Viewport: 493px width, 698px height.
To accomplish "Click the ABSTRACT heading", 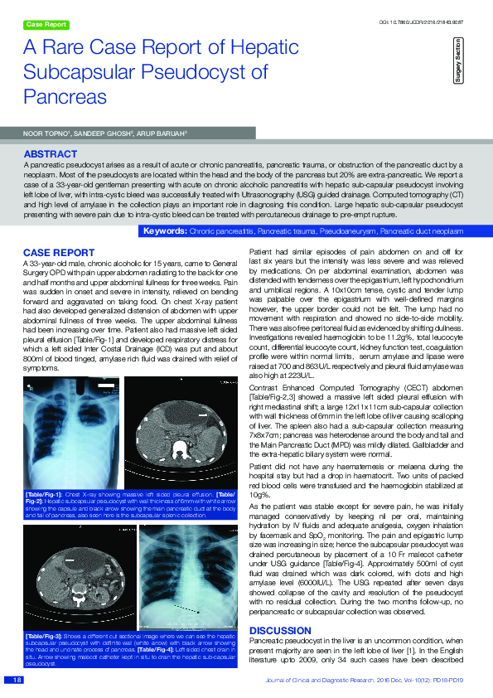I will (x=51, y=154).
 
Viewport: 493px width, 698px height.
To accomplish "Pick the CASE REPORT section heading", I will (x=58, y=251).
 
